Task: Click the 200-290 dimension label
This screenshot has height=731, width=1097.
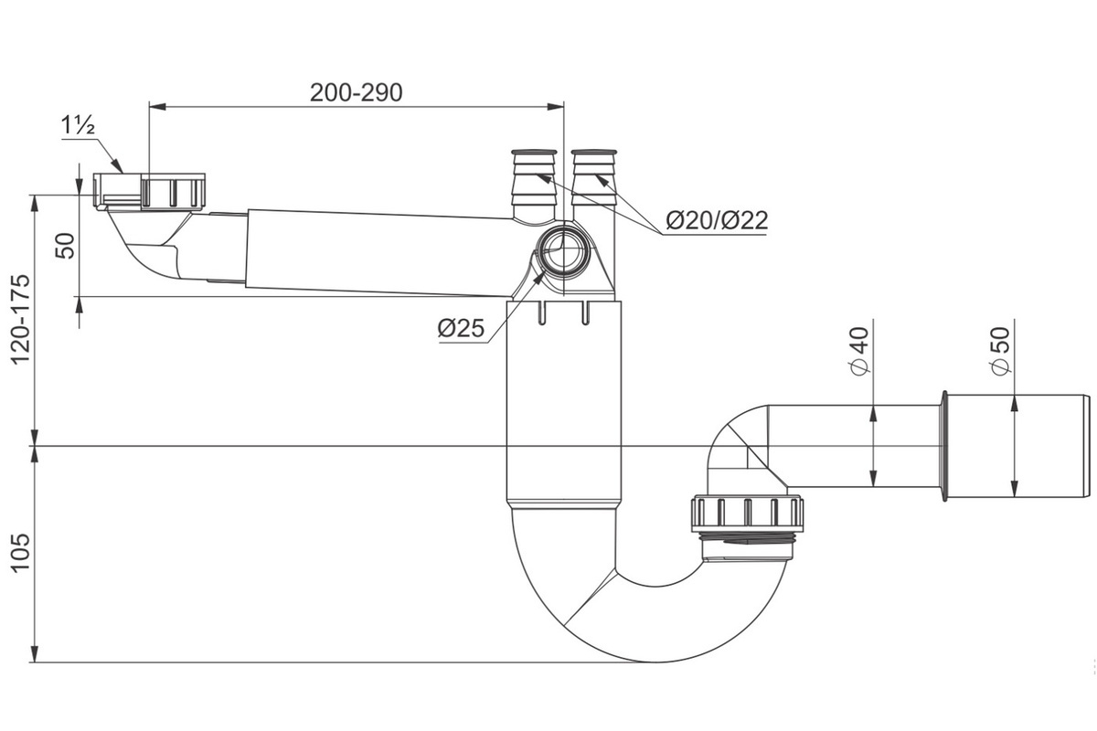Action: pyautogui.click(x=356, y=92)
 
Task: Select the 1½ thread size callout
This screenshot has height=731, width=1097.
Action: pyautogui.click(x=78, y=125)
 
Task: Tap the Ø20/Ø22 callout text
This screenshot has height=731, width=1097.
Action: pyautogui.click(x=717, y=220)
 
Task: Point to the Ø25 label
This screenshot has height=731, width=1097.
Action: pyautogui.click(x=461, y=328)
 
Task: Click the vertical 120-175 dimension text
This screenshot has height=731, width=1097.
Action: pyautogui.click(x=21, y=319)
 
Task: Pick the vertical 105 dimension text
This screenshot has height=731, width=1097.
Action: pyautogui.click(x=21, y=553)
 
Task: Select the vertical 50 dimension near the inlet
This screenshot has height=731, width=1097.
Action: pyautogui.click(x=65, y=246)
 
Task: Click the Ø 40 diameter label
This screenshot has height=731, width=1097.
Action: pyautogui.click(x=860, y=352)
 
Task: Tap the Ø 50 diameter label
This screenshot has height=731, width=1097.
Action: pyautogui.click(x=1000, y=352)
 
